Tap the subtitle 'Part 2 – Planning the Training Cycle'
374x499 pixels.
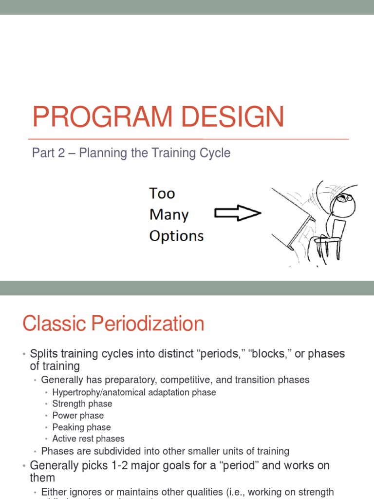pos(131,153)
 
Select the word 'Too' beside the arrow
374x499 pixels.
pos(162,193)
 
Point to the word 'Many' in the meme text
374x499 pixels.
pos(169,214)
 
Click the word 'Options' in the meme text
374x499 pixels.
pos(176,236)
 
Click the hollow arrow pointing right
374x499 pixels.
pos(238,213)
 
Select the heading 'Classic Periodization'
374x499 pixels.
pos(113,324)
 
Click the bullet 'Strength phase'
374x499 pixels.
pos(82,403)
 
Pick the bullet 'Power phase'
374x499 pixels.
pos(78,415)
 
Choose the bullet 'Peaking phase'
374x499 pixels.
pos(81,427)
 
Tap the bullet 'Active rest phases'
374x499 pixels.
pos(88,439)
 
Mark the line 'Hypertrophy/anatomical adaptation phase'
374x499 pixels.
pos(134,392)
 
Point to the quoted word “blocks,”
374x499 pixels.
pos(267,354)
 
